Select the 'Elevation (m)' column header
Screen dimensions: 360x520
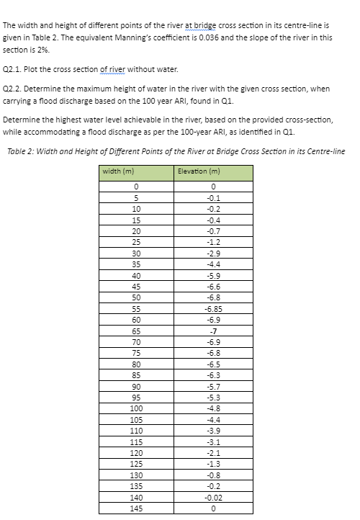tap(197, 171)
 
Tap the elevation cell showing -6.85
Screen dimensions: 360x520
tap(213, 308)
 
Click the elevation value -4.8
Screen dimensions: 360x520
tap(213, 408)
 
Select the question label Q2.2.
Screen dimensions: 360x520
tap(14, 89)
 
